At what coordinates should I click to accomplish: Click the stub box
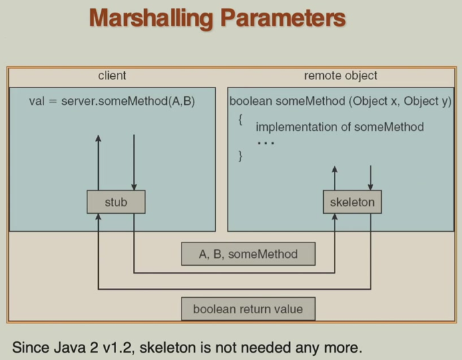click(115, 202)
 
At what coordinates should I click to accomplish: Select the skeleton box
click(352, 202)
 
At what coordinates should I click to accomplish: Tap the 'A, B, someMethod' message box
click(248, 254)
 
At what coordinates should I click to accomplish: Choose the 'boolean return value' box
click(248, 309)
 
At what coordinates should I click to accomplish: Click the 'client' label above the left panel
click(111, 75)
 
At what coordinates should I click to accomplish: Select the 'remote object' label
click(340, 75)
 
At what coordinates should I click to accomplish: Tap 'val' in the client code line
click(37, 102)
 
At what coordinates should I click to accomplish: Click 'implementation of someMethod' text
click(339, 127)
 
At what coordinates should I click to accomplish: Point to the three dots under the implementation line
click(265, 143)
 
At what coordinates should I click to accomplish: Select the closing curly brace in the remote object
click(240, 156)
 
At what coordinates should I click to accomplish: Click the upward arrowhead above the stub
click(98, 138)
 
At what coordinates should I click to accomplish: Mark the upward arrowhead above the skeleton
click(334, 169)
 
